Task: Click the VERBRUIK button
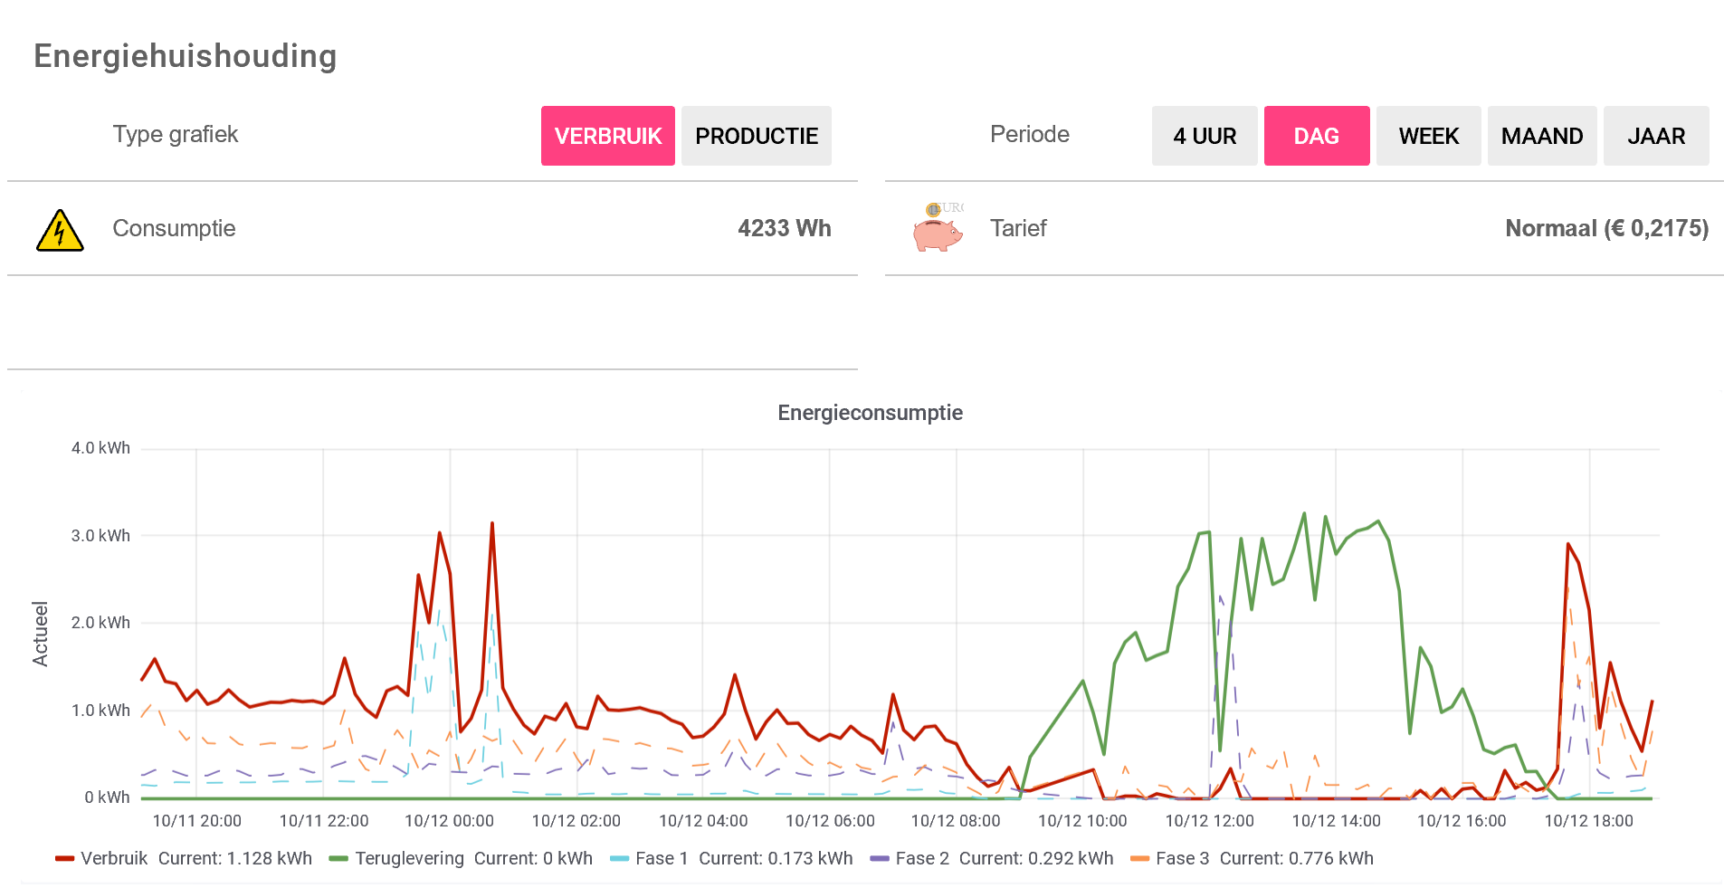[x=607, y=136]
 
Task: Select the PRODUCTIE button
[x=756, y=136]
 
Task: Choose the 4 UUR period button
[x=1204, y=136]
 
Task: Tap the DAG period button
[x=1316, y=136]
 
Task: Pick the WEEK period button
[x=1428, y=136]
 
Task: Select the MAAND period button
[x=1541, y=136]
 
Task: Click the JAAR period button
[x=1655, y=136]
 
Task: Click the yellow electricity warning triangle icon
[x=60, y=230]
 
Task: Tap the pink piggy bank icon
[x=937, y=230]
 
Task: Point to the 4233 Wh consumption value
[x=784, y=228]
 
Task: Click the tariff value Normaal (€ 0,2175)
[x=1606, y=228]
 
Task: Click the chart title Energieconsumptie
[x=870, y=413]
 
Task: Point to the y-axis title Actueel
[x=41, y=634]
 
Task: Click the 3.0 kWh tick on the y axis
[x=100, y=536]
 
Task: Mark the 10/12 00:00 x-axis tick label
[x=449, y=821]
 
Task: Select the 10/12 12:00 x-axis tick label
[x=1209, y=821]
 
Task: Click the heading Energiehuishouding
[x=186, y=56]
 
